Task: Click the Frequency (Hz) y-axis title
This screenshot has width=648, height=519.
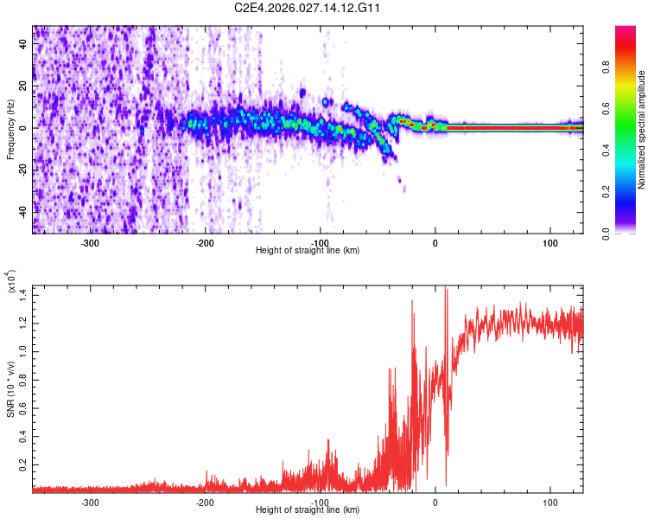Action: tap(10, 129)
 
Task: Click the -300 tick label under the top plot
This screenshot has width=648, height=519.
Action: tap(91, 242)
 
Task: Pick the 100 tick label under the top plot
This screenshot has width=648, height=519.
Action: tap(550, 242)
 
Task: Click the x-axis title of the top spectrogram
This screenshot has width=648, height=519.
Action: tap(308, 250)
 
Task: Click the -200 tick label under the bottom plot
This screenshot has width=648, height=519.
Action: tap(206, 502)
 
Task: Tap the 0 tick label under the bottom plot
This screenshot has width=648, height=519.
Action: tap(435, 502)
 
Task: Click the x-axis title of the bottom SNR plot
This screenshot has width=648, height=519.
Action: tap(308, 509)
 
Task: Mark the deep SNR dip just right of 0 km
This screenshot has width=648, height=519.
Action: tap(446, 483)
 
